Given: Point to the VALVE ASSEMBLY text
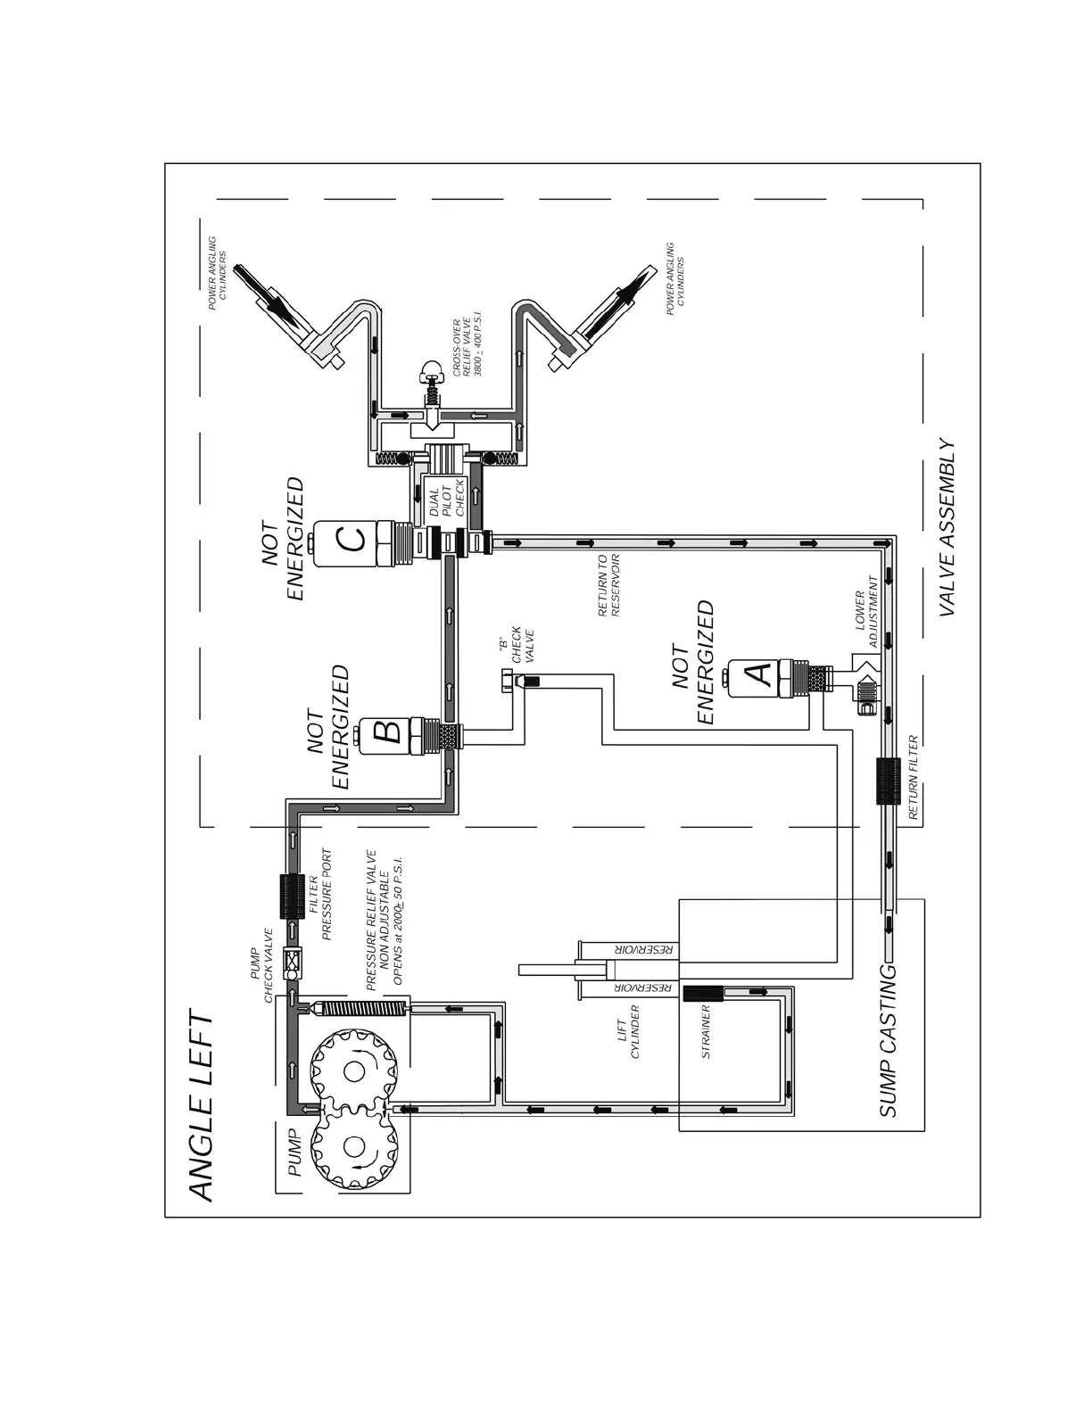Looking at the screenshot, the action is tap(947, 528).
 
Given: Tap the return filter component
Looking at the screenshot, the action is tap(889, 782).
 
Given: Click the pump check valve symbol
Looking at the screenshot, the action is tap(291, 963).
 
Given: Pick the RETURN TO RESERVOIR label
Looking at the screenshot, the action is tap(608, 586).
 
